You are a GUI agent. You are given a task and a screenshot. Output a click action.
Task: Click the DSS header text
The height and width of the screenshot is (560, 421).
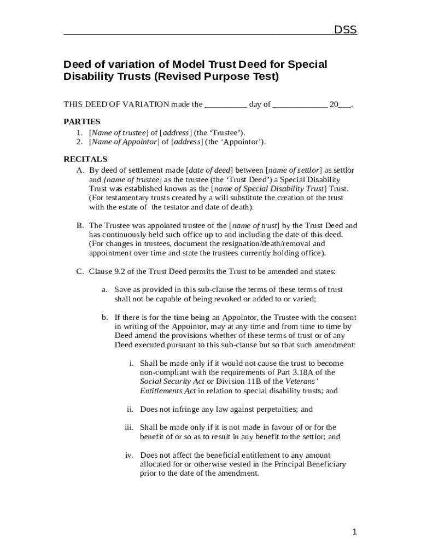point(345,30)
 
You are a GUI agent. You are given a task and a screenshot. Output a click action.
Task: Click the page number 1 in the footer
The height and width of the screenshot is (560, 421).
point(354,532)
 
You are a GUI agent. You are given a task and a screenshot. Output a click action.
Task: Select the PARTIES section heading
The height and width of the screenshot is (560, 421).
point(82,121)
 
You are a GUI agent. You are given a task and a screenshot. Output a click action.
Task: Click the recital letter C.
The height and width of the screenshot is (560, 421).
point(80,271)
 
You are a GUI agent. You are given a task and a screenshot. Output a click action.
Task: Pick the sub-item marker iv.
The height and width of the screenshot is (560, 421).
point(129,455)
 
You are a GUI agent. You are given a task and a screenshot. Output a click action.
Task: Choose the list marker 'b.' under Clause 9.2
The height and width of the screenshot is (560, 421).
point(104,317)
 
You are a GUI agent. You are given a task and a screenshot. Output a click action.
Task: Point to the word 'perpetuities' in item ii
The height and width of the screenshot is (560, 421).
point(272,409)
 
